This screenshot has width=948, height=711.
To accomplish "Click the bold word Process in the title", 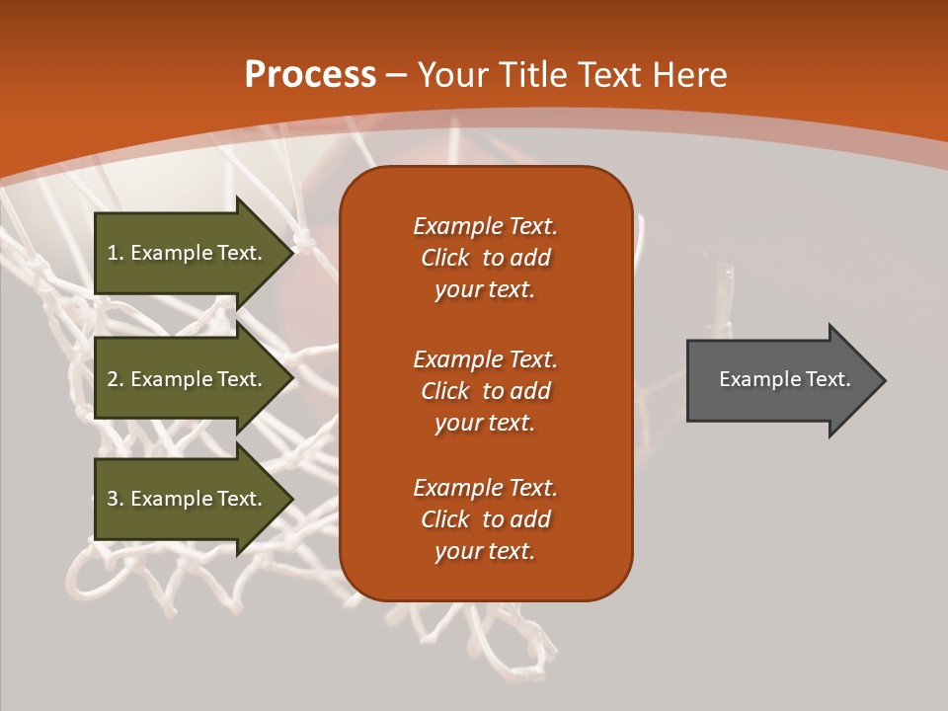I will pyautogui.click(x=310, y=75).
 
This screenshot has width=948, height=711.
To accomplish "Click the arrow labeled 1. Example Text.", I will pyautogui.click(x=188, y=253).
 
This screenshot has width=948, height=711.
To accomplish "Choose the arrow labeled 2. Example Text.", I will pyautogui.click(x=188, y=379).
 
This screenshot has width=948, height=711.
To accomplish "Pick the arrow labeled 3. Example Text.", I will pyautogui.click(x=188, y=499).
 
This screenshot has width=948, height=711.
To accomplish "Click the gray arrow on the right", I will pyautogui.click(x=780, y=380).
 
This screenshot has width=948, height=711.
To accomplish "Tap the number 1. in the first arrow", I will pyautogui.click(x=116, y=253).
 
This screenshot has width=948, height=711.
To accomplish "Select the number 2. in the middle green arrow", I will pyautogui.click(x=116, y=379).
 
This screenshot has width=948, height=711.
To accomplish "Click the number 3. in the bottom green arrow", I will pyautogui.click(x=116, y=499).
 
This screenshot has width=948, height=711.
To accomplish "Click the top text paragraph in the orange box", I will pyautogui.click(x=485, y=258).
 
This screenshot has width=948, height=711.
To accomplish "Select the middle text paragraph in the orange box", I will pyautogui.click(x=485, y=391).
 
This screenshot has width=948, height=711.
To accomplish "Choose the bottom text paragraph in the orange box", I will pyautogui.click(x=485, y=519).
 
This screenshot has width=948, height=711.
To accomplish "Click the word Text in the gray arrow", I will pyautogui.click(x=829, y=379).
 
